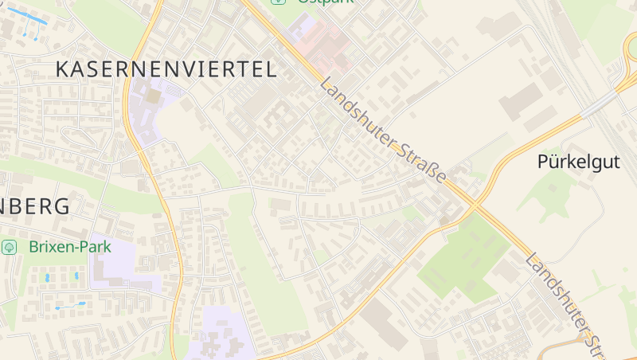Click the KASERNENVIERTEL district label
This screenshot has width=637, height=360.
pos(166,69)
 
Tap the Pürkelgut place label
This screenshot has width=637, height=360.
pos(578,162)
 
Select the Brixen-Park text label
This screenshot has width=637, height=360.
pos(69,247)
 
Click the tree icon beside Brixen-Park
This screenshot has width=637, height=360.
pos(10,247)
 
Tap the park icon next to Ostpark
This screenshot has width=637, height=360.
pos(277,2)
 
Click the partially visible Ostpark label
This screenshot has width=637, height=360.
pos(322,2)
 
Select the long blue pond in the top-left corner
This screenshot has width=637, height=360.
pos(23,16)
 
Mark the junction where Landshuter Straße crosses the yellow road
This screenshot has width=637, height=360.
pos(476,205)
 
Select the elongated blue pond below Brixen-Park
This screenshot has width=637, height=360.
pos(70,305)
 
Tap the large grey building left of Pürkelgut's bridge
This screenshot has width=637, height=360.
pos(522,102)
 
